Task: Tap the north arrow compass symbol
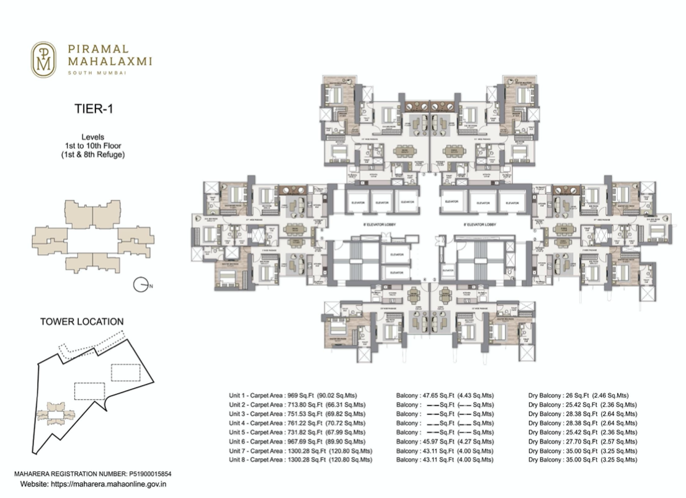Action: point(142,286)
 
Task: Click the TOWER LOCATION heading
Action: point(81,322)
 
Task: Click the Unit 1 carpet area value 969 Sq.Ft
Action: point(301,395)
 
